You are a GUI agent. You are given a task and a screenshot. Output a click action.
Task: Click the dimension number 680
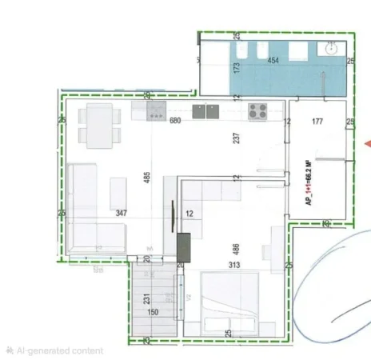[176, 121]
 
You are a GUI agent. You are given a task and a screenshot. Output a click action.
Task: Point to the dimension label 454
[273, 61]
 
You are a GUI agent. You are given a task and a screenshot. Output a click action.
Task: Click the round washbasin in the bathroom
[331, 49]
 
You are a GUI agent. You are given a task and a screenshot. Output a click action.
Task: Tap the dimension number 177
[317, 122]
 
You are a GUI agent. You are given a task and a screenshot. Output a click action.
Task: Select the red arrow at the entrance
[366, 144]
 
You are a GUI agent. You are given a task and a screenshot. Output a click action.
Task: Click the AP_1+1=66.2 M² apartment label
[308, 184]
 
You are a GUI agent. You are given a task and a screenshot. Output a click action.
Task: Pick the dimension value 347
[122, 213]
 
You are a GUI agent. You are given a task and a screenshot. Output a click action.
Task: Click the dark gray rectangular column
[182, 242]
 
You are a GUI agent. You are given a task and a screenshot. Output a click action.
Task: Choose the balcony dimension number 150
[154, 313]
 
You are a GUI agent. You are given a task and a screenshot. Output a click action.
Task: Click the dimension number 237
[236, 137]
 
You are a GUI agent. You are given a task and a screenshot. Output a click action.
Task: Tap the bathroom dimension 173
[236, 68]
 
